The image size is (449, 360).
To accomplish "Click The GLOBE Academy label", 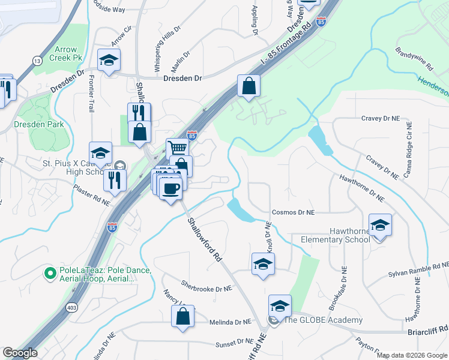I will (x=323, y=319).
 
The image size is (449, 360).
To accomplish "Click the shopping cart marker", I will (x=177, y=148).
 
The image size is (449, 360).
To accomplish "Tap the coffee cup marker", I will (x=170, y=188).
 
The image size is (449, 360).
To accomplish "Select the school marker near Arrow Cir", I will (x=109, y=60).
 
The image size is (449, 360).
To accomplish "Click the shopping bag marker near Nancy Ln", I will (x=182, y=316).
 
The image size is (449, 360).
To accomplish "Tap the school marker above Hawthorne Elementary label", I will (x=379, y=225).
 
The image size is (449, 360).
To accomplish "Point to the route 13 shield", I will (x=38, y=61).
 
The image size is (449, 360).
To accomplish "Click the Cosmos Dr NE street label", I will (x=293, y=212).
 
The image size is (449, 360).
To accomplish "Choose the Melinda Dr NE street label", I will (x=230, y=322).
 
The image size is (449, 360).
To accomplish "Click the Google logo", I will (x=20, y=352).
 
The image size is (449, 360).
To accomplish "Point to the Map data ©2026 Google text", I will (x=411, y=355).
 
